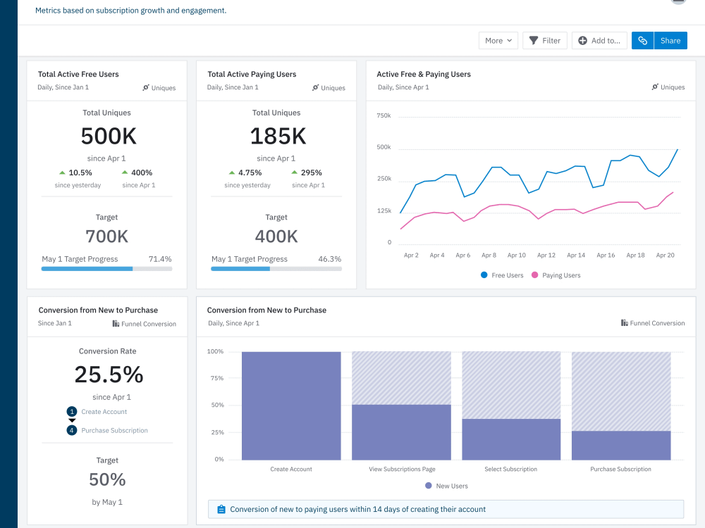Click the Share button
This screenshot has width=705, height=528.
pos(670,41)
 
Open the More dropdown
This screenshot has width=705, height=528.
pos(498,41)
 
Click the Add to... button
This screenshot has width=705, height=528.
pos(599,41)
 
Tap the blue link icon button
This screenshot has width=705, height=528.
pos(642,41)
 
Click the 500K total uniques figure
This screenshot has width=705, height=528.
pos(108,136)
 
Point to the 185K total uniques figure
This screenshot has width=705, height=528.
pos(278,136)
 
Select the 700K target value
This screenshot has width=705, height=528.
pos(107,237)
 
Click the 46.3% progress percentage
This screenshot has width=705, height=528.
pos(329,259)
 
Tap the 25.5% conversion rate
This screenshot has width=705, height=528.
pos(109,375)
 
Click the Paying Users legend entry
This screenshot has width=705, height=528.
pos(556,275)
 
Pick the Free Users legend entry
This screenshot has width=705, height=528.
pos(502,275)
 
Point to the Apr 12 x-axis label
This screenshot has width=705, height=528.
pos(546,256)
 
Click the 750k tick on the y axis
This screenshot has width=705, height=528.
pos(384,115)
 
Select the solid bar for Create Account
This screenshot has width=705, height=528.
pos(291,406)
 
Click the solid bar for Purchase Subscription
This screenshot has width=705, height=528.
pos(620,445)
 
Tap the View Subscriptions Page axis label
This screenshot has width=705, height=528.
pos(402,469)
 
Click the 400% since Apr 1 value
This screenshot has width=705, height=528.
pos(141,172)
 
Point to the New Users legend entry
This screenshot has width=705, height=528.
pos(446,486)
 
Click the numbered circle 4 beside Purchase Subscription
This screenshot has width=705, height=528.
pos(71,430)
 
